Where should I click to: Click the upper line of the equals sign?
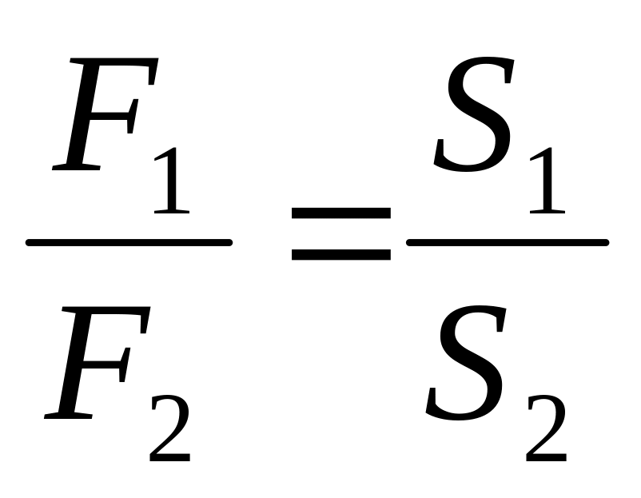click(340, 214)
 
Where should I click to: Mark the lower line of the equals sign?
click(340, 255)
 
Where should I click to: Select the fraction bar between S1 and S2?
click(508, 241)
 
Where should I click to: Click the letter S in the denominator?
click(466, 365)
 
